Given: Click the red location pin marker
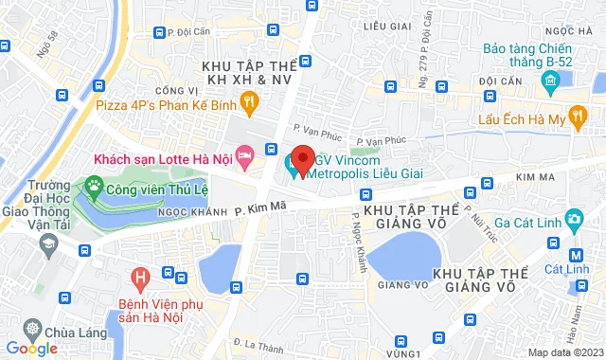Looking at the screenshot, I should tap(302, 159).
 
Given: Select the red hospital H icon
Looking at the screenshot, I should tap(140, 279).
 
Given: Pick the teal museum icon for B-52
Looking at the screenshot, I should tap(548, 84).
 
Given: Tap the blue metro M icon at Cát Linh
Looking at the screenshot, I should tap(577, 254).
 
